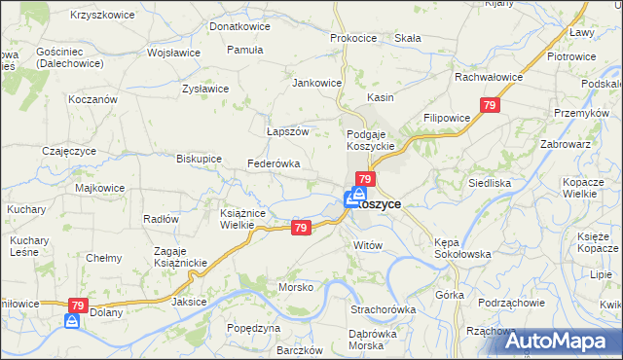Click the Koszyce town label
point(383,204)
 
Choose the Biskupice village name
point(199,158)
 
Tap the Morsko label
point(296,288)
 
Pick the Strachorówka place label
point(383,309)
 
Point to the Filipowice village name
point(447,118)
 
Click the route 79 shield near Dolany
point(75,306)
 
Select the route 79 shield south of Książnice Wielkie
point(301,228)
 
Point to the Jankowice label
point(317,83)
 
